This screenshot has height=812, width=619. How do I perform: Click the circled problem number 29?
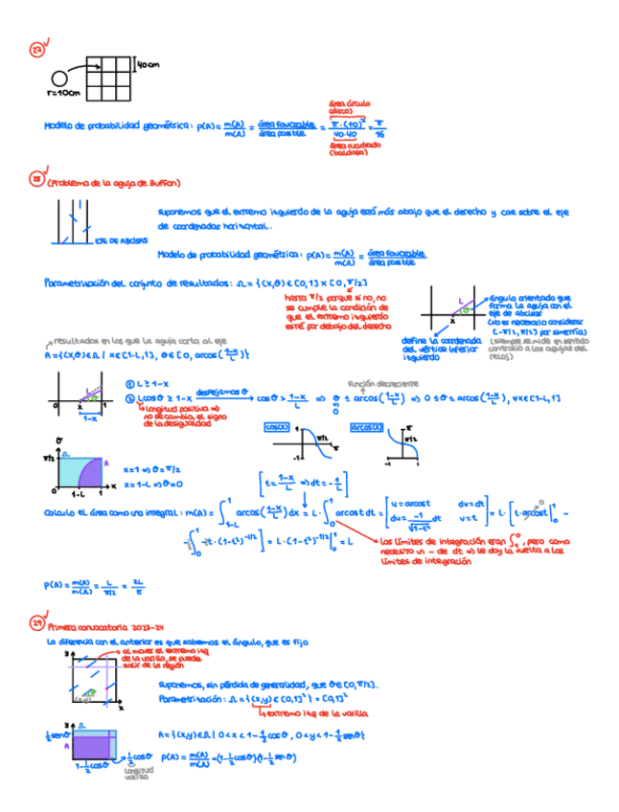(x=36, y=623)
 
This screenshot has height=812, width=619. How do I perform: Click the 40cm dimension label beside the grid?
(x=149, y=66)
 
